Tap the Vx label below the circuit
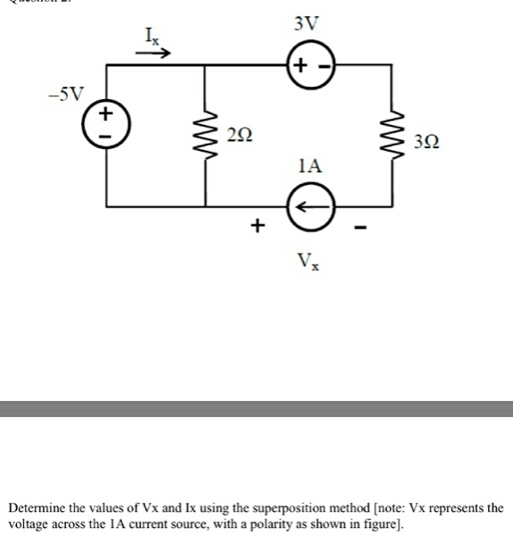coord(307,263)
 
